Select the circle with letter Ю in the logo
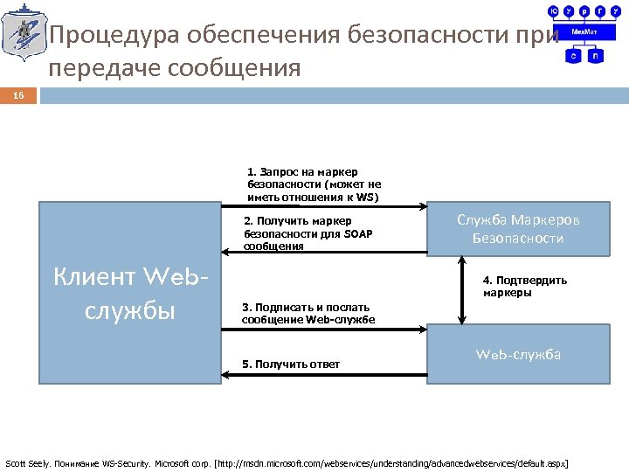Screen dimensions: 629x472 553,11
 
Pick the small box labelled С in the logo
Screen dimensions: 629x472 574,55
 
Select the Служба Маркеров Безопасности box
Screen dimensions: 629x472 518,229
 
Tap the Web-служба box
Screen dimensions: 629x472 518,354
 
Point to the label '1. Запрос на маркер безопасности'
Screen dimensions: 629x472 314,184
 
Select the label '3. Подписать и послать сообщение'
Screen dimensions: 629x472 308,313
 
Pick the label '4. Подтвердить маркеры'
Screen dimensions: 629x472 525,287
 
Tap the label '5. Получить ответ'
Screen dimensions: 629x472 291,364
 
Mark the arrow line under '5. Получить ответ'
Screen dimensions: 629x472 323,375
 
